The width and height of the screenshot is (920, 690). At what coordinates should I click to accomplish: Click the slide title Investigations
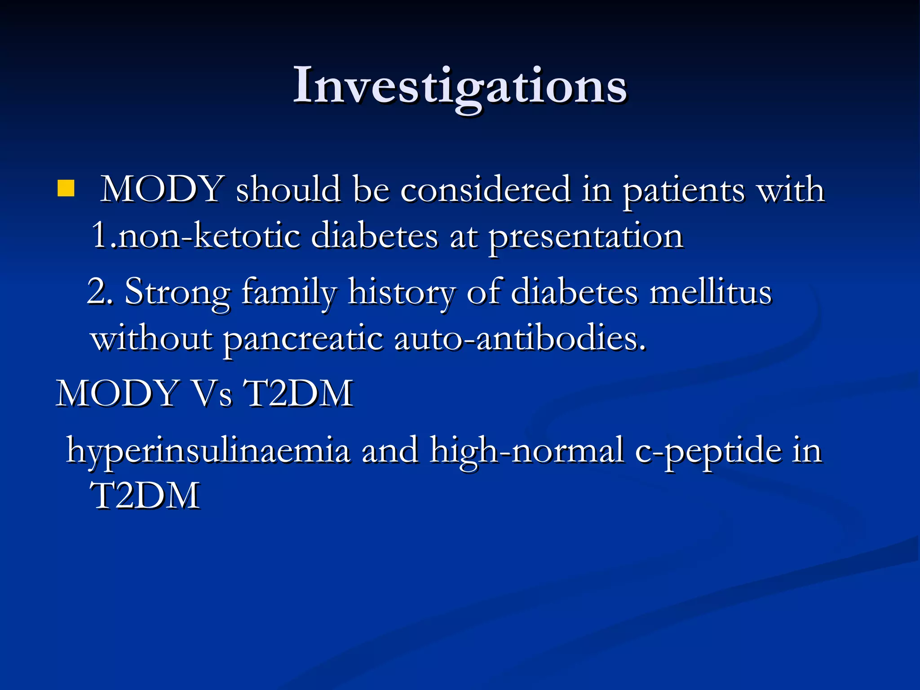tap(460, 85)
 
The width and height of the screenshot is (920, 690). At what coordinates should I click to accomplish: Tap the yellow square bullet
tap(66, 189)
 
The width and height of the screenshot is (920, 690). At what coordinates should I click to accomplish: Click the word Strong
tap(177, 292)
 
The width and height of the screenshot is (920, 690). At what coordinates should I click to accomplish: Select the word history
tap(402, 292)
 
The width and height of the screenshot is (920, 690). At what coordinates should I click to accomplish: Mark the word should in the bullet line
tap(288, 190)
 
